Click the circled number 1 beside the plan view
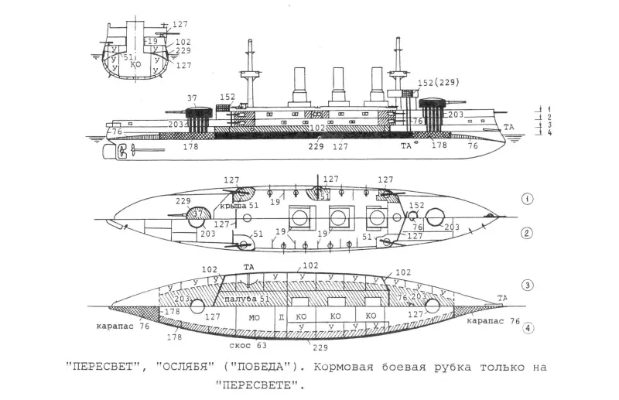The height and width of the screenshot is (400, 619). [526, 198]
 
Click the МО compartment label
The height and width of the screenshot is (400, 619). [254, 316]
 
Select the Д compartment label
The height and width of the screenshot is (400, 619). [281, 317]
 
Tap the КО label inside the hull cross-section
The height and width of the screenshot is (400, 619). [136, 65]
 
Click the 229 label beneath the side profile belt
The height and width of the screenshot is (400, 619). [316, 145]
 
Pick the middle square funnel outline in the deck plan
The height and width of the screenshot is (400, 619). [338, 218]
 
